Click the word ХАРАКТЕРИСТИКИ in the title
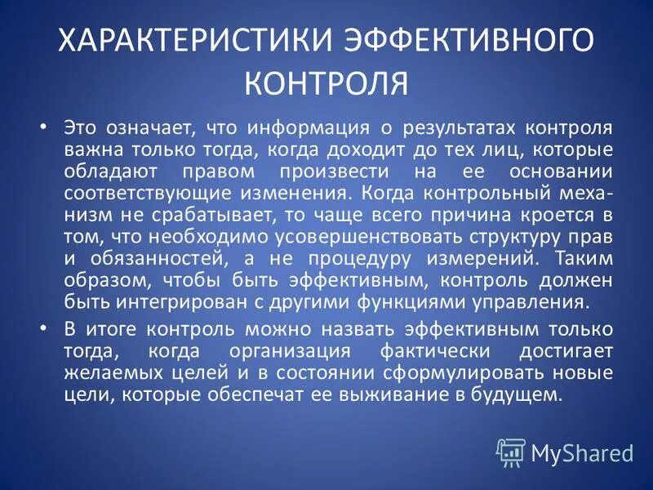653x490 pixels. [171, 41]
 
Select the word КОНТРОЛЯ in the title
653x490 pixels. [326, 81]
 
